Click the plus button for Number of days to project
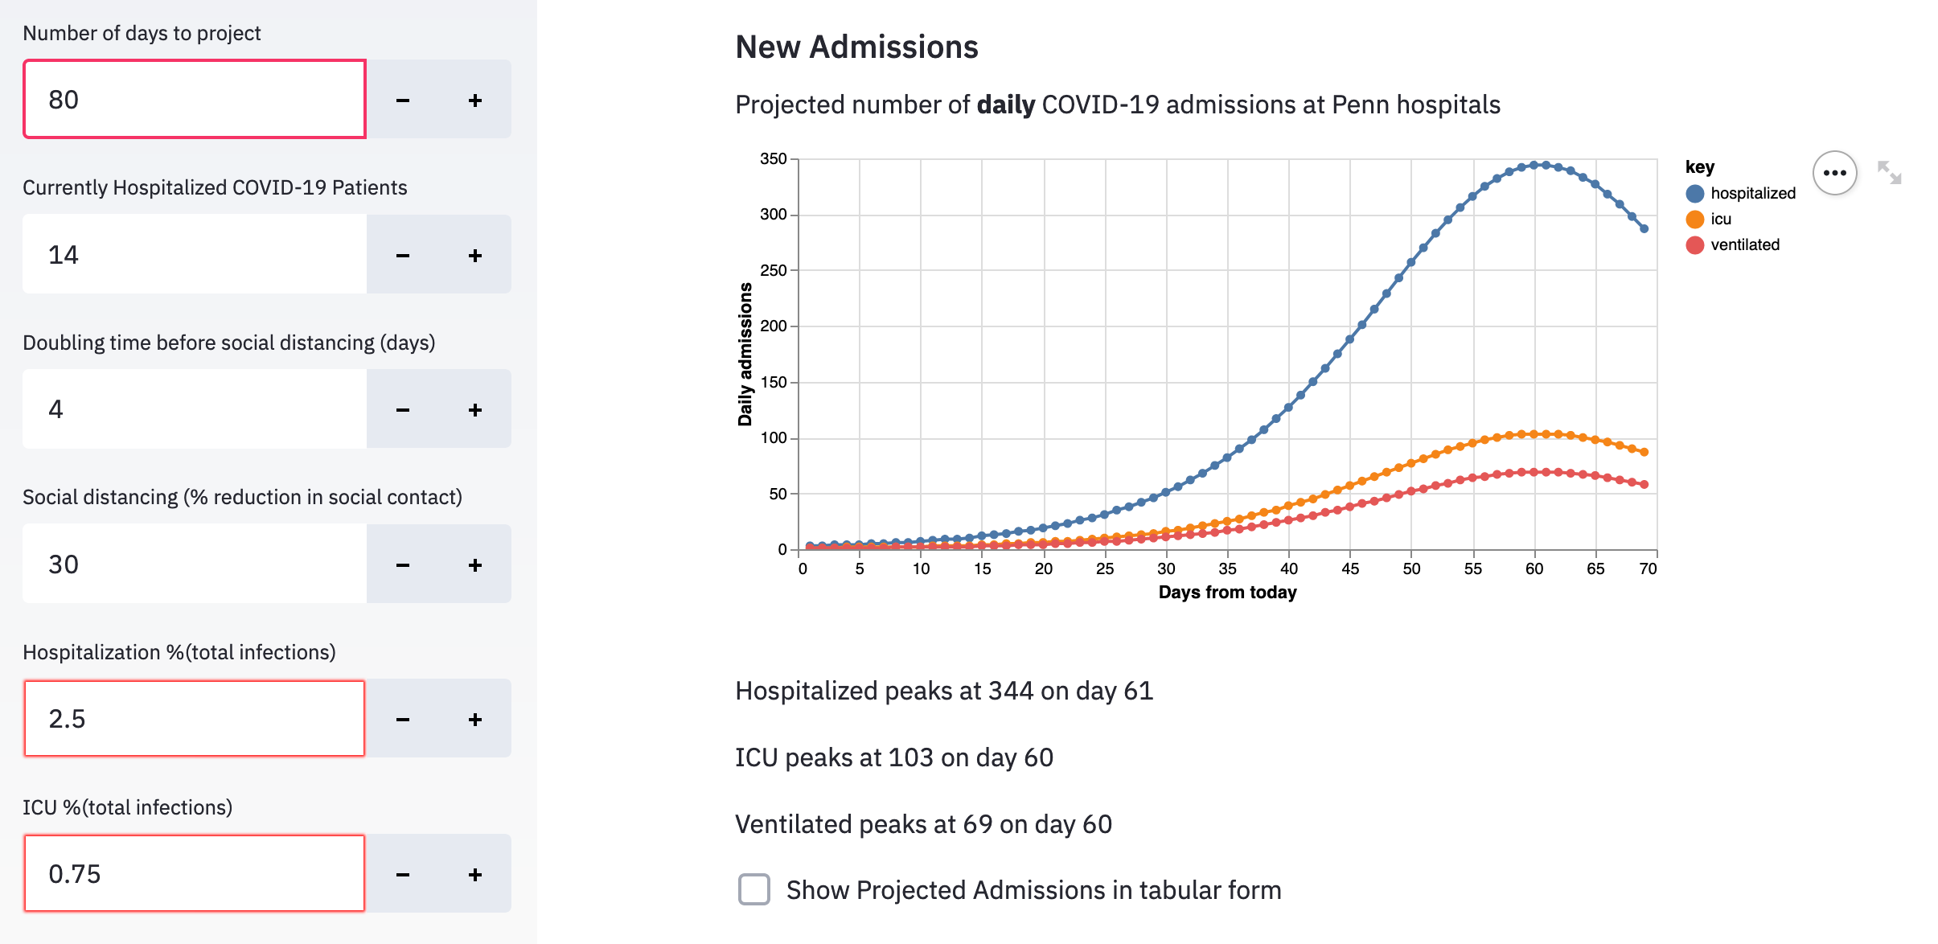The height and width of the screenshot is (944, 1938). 475,101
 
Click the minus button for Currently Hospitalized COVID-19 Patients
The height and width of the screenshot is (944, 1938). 403,256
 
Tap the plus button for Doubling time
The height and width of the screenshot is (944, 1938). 475,410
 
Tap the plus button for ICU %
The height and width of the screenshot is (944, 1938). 475,875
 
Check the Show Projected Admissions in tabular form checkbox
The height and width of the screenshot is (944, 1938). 753,890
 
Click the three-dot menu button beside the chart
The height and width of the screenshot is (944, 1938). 1834,173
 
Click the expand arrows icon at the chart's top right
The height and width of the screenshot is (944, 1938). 1889,172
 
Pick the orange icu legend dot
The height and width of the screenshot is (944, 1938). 1694,220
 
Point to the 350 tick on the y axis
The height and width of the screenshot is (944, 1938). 774,159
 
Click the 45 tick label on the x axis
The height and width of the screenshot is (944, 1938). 1350,569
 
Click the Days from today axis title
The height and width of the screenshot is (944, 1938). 1227,593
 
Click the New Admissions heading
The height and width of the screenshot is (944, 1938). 856,47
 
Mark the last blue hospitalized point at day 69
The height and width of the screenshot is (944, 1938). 1644,229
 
